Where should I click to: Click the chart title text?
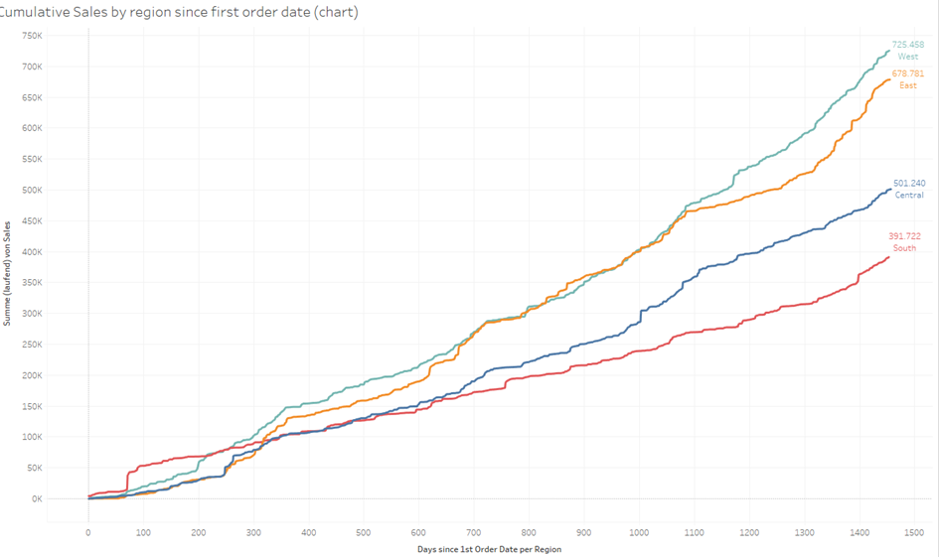pyautogui.click(x=179, y=12)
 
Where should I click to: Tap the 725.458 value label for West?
pyautogui.click(x=908, y=45)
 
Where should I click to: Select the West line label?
pyautogui.click(x=908, y=57)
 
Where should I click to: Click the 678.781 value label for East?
pyautogui.click(x=908, y=73)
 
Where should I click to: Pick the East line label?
pyautogui.click(x=908, y=85)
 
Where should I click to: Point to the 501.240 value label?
pyautogui.click(x=908, y=183)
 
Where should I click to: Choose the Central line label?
pyautogui.click(x=909, y=195)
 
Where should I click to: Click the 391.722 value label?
pyautogui.click(x=904, y=236)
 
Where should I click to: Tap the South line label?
pyautogui.click(x=904, y=248)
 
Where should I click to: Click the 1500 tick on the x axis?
pyautogui.click(x=914, y=532)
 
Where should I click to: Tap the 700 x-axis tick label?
pyautogui.click(x=474, y=532)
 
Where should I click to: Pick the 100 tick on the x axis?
pyautogui.click(x=143, y=532)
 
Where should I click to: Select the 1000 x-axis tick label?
pyautogui.click(x=639, y=532)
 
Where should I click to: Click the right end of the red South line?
pyautogui.click(x=888, y=257)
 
